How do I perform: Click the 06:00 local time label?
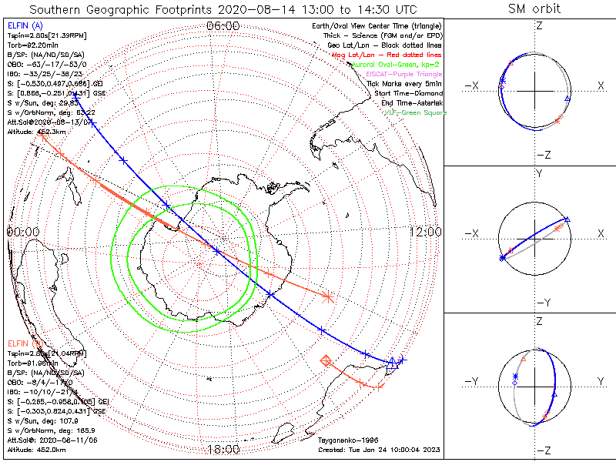click(x=223, y=25)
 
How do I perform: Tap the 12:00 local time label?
click(x=426, y=232)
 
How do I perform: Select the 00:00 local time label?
click(x=23, y=232)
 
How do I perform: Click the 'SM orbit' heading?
click(x=534, y=9)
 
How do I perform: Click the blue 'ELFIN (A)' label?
click(x=25, y=26)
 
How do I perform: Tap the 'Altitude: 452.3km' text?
click(x=36, y=132)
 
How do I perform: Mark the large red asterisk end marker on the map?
click(x=329, y=295)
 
